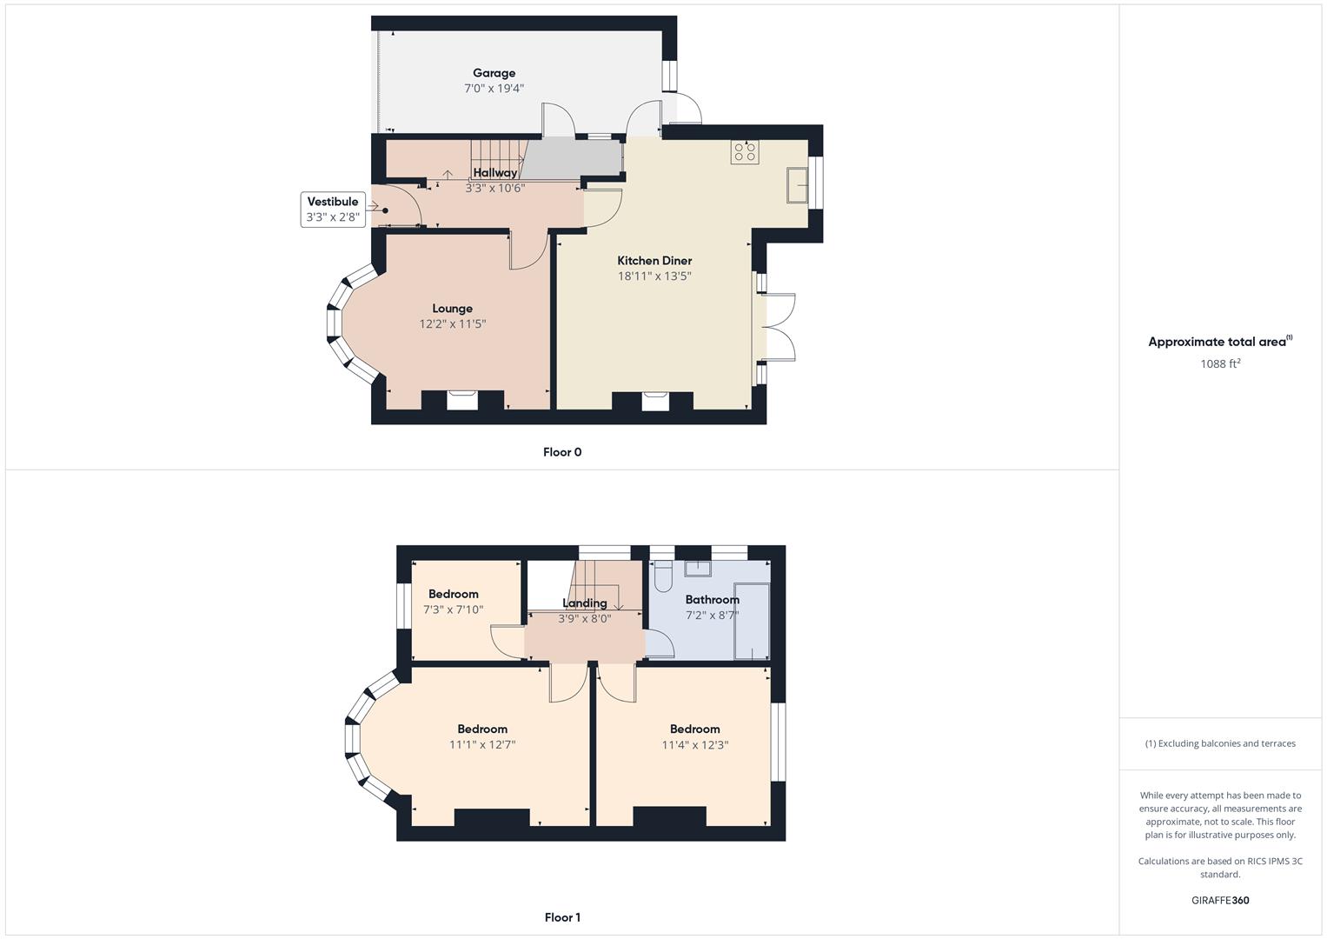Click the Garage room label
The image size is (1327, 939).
point(494,73)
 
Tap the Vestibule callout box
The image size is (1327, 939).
point(333,210)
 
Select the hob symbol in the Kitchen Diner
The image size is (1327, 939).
point(745,152)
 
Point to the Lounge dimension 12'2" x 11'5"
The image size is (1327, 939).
point(452,323)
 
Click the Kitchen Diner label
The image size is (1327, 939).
point(654,260)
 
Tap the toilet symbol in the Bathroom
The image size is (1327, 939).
point(663,575)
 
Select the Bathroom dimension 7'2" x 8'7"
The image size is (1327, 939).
point(712,615)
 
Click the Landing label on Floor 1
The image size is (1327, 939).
point(584,603)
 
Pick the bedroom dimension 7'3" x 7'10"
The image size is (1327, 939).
point(453,609)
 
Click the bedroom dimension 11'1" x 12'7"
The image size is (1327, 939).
point(482,744)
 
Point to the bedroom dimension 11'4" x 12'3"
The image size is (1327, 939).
point(694,744)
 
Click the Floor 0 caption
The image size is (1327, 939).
point(562,452)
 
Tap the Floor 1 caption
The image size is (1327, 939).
point(562,917)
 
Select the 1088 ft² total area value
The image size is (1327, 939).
point(1220,363)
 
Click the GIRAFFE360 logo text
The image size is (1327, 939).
point(1220,900)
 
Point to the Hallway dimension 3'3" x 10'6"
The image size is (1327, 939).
point(494,188)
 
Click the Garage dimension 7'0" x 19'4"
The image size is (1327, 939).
point(494,88)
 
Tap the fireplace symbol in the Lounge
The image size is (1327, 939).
point(462,400)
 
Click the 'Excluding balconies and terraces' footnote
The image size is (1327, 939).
point(1220,743)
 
